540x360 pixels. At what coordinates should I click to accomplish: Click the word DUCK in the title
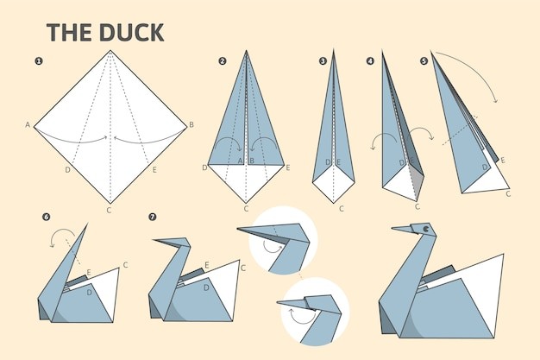pyautogui.click(x=132, y=33)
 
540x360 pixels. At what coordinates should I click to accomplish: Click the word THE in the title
pyautogui.click(x=70, y=33)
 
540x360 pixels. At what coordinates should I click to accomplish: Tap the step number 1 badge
pyautogui.click(x=39, y=61)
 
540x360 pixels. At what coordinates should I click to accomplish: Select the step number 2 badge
pyautogui.click(x=223, y=61)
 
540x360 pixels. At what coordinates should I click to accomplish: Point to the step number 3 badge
pyautogui.click(x=323, y=61)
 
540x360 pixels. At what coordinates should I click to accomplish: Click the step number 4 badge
pyautogui.click(x=370, y=61)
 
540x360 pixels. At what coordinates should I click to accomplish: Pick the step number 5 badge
pyautogui.click(x=424, y=61)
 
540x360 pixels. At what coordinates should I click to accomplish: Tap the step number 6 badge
pyautogui.click(x=46, y=217)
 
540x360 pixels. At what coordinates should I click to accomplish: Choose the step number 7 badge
pyautogui.click(x=152, y=217)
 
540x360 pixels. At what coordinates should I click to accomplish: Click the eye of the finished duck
pyautogui.click(x=426, y=228)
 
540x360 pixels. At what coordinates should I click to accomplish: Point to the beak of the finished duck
pyautogui.click(x=402, y=229)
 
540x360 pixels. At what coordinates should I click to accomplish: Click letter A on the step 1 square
pyautogui.click(x=28, y=124)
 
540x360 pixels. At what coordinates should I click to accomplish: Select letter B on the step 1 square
pyautogui.click(x=192, y=124)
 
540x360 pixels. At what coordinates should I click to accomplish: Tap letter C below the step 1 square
pyautogui.click(x=109, y=210)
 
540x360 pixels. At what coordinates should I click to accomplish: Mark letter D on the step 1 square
pyautogui.click(x=68, y=170)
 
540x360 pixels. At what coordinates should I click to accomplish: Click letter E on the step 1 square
pyautogui.click(x=154, y=170)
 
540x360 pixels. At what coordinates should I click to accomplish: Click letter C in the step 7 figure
pyautogui.click(x=243, y=268)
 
